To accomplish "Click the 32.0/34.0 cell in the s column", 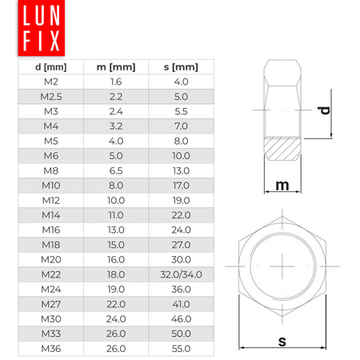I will pyautogui.click(x=181, y=275).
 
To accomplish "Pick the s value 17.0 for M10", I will pyautogui.click(x=181, y=186).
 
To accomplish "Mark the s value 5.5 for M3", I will pyautogui.click(x=181, y=110).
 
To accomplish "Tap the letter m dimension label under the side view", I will pyautogui.click(x=282, y=185).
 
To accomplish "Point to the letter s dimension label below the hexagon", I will pyautogui.click(x=282, y=341).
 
